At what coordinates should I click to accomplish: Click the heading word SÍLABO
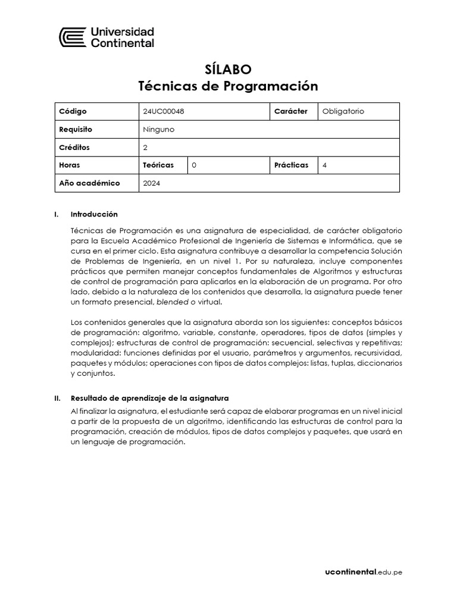tap(228, 69)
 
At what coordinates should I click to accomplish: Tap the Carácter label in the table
tap(291, 111)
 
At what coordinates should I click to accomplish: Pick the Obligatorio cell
tap(343, 111)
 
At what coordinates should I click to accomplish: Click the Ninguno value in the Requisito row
tap(159, 129)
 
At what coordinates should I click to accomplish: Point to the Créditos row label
tap(74, 147)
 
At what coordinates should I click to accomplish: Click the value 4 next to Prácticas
tap(324, 165)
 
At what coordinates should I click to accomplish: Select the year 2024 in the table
tap(152, 183)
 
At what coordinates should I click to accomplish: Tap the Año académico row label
tap(89, 183)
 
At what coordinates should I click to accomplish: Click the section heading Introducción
tap(94, 214)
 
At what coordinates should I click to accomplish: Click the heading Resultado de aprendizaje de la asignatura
tap(149, 398)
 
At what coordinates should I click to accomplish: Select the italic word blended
tap(172, 302)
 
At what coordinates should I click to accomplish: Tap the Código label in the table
tap(73, 111)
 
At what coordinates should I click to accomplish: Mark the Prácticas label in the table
tap(291, 165)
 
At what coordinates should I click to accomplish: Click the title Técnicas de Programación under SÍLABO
tap(228, 86)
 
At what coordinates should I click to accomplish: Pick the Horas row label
tap(70, 165)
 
